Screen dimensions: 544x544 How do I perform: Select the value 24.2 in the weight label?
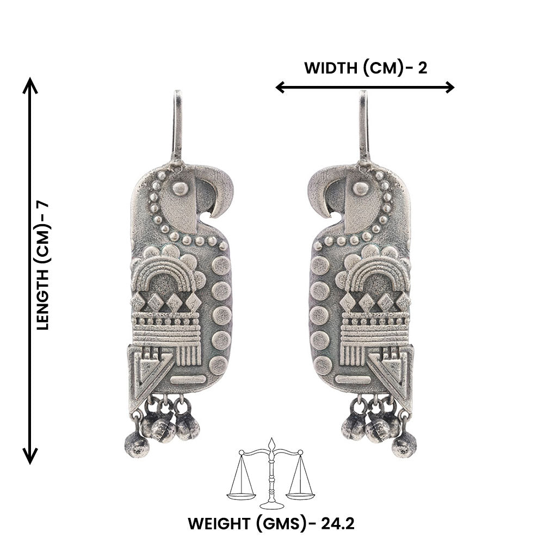(x=338, y=523)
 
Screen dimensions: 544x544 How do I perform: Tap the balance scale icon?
(x=271, y=473)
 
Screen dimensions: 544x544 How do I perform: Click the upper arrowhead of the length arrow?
(x=30, y=85)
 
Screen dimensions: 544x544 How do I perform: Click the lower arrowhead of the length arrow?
(x=30, y=456)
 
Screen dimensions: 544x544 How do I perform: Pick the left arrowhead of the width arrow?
(x=280, y=87)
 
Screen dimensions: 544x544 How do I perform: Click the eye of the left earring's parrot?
(x=181, y=189)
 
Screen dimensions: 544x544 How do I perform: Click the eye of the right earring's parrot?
(x=361, y=189)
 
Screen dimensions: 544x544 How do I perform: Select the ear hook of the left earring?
(x=177, y=127)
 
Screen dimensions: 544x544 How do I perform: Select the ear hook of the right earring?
(x=363, y=127)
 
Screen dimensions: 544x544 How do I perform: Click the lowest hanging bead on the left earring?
(x=137, y=446)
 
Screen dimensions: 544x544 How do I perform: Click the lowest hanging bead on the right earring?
(x=404, y=446)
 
